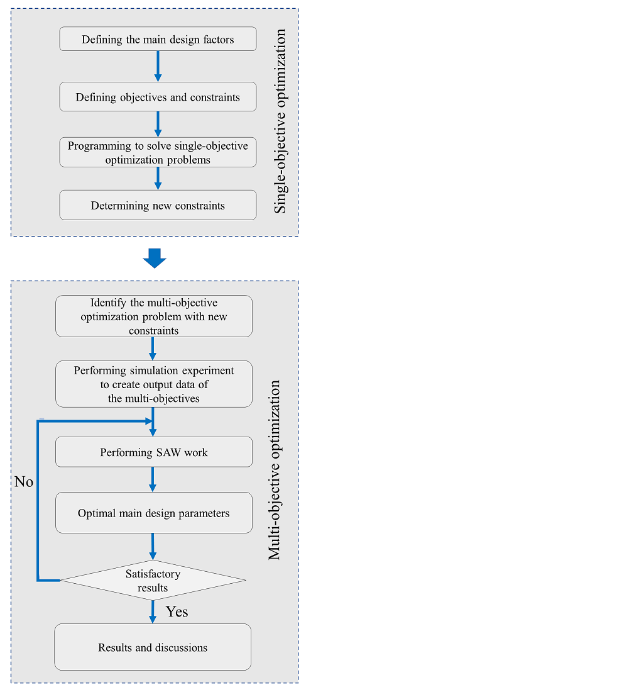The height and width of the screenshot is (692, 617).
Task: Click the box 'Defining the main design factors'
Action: (x=158, y=39)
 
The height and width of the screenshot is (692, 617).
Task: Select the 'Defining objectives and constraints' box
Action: (x=158, y=97)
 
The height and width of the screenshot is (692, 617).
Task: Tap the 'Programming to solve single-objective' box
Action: (x=158, y=152)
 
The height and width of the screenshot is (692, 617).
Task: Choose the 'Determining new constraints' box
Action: (x=158, y=205)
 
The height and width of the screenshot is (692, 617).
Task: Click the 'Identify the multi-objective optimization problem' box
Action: (x=154, y=316)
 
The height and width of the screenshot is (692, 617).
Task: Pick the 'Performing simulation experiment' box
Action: (x=154, y=384)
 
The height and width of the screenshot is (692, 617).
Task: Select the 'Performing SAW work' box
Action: (x=154, y=452)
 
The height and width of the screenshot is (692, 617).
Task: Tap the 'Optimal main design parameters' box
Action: (x=154, y=513)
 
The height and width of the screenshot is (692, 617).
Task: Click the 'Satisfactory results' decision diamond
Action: (x=153, y=580)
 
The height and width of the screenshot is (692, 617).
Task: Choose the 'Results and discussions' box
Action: (x=153, y=647)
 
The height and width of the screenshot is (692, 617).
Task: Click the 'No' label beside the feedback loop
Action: (x=24, y=483)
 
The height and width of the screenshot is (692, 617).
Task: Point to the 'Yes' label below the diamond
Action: (x=177, y=611)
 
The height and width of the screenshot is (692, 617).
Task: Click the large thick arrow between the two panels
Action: (x=154, y=258)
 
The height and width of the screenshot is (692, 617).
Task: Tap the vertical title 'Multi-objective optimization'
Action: (x=275, y=469)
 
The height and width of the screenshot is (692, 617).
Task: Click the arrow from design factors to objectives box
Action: (x=158, y=66)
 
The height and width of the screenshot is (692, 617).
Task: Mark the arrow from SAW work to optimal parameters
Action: (x=153, y=479)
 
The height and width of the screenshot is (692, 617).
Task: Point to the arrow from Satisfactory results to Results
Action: (x=153, y=611)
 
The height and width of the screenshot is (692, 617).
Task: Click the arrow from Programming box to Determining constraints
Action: (x=158, y=178)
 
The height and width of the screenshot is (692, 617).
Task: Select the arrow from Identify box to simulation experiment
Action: (x=153, y=349)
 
